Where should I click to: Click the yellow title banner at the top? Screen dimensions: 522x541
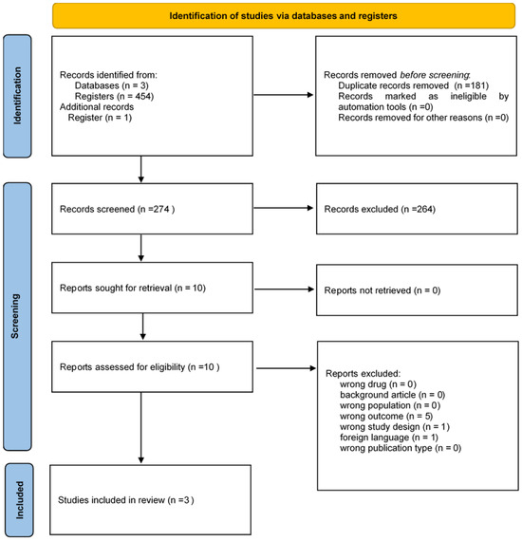coord(283,15)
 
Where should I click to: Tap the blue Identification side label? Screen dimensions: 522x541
coord(17,96)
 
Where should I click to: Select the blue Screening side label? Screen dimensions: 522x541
coord(17,316)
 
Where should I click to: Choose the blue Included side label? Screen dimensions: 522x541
coord(19,500)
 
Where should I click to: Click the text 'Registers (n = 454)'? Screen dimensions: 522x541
coord(114,96)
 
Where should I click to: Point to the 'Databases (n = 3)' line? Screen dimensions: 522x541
coord(112,85)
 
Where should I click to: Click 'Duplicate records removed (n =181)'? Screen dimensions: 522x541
coord(413,85)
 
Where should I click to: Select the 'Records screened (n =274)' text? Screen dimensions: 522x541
coord(118,209)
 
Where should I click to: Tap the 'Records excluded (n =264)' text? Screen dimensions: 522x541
coord(380,209)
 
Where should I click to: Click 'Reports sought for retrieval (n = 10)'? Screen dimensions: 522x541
coord(133,289)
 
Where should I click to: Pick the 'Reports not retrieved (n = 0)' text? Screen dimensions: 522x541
coord(382,290)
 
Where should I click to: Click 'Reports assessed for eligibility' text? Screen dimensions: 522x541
coord(122,367)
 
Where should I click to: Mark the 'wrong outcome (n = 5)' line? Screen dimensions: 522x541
coord(386,416)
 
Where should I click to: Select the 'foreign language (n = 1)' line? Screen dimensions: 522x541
coord(389,438)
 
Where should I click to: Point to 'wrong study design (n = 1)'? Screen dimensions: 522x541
coord(395,427)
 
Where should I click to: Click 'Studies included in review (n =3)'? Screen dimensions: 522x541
coord(126,500)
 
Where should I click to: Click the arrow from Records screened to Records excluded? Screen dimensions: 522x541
coord(283,208)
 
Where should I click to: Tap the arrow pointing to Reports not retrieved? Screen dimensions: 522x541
coord(284,289)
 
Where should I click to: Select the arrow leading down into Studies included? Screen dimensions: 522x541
coord(140,427)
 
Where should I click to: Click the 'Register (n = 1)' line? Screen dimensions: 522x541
coord(100,118)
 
